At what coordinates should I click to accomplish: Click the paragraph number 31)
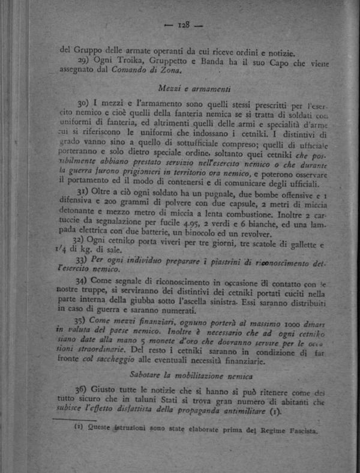(84, 191)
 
